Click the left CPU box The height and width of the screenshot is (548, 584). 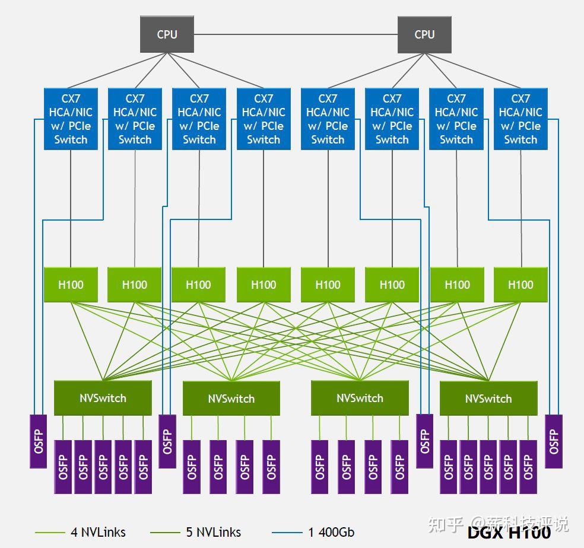[x=167, y=34]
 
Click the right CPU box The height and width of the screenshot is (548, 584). [x=424, y=34]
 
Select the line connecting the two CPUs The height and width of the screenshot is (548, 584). [x=296, y=34]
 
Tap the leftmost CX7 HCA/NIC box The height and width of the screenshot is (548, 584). [x=71, y=119]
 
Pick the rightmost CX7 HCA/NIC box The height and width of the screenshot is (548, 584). [x=520, y=119]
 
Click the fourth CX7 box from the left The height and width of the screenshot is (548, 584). [x=264, y=119]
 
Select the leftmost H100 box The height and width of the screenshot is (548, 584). [x=71, y=285]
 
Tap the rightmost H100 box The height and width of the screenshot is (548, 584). [x=520, y=285]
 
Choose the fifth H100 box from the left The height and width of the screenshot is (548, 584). [x=328, y=285]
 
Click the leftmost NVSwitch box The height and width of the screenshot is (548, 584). [x=103, y=398]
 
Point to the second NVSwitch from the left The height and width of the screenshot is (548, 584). [x=231, y=398]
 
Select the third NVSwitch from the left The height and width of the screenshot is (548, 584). [x=360, y=398]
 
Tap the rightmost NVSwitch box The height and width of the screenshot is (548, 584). [x=488, y=398]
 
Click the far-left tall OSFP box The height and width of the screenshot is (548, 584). [x=39, y=441]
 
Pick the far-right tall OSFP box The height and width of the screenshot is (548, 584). [x=553, y=441]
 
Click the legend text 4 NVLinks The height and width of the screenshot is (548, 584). [x=98, y=532]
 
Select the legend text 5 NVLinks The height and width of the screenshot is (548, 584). [x=213, y=532]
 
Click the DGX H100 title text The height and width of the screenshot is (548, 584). [x=509, y=532]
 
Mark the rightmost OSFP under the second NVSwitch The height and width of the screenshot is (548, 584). [x=271, y=467]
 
